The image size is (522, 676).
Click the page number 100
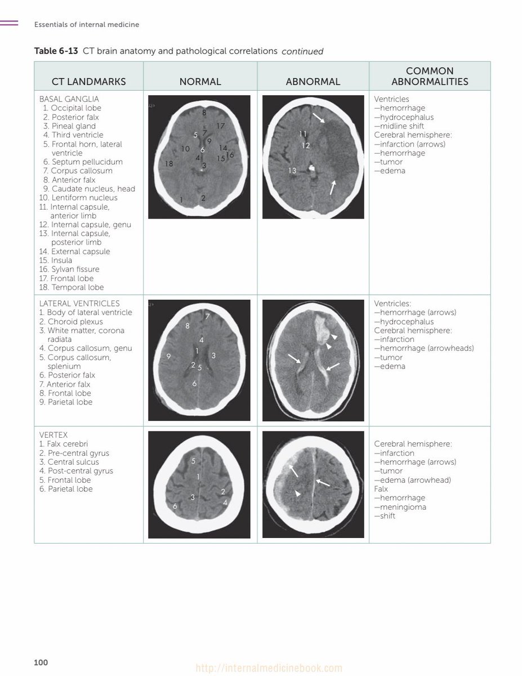41,662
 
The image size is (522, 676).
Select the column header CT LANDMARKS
88,82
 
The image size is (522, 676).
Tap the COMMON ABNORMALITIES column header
429,76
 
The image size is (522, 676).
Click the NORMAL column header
200,82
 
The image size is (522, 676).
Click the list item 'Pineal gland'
73,126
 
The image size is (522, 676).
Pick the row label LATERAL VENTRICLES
79,304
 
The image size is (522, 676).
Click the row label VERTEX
53,435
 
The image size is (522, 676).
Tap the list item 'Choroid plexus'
75,322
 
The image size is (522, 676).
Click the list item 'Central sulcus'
73,462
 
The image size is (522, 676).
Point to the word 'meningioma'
403,507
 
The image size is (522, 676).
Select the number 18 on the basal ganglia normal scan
169,164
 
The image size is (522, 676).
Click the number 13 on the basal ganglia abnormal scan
292,171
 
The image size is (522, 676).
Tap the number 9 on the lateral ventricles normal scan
168,356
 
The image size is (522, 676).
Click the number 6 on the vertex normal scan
175,506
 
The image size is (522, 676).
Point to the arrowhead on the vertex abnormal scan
298,494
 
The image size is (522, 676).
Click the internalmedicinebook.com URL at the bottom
269,669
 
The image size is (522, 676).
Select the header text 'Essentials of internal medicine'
87,25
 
